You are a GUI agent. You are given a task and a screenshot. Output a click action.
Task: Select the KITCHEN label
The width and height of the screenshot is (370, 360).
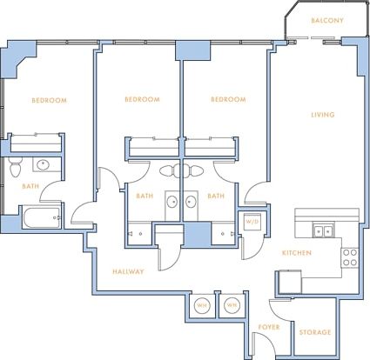coord(297,252)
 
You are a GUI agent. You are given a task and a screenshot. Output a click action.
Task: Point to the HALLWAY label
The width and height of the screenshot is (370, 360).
coord(128,271)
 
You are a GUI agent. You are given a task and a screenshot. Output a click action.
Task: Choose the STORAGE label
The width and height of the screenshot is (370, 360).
coord(314,333)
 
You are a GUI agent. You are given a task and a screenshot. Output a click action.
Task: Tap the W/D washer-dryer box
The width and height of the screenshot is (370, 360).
coord(252,223)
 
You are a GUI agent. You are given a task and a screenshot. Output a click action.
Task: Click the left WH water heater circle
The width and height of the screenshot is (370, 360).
coord(202,305)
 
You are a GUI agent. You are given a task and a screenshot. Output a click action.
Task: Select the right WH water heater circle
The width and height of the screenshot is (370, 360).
coord(232,305)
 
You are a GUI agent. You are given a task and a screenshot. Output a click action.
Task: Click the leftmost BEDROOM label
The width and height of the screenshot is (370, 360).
coord(49,101)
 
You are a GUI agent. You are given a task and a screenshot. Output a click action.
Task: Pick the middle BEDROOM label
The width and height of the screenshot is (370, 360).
coord(142,100)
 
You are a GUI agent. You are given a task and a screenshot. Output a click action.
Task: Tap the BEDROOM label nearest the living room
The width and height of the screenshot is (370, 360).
coord(228,100)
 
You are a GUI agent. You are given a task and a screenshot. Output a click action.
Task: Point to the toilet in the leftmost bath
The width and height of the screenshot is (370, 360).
coord(15,163)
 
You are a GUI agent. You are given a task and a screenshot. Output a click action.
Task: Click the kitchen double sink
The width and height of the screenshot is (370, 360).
coord(321,230)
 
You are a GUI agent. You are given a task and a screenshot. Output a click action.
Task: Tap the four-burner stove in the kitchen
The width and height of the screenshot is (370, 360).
coord(351,257)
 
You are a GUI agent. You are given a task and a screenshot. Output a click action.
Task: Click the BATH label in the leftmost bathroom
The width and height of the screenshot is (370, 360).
coord(30,186)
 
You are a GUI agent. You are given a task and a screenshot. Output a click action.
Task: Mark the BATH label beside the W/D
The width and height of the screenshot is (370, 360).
coord(216,196)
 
